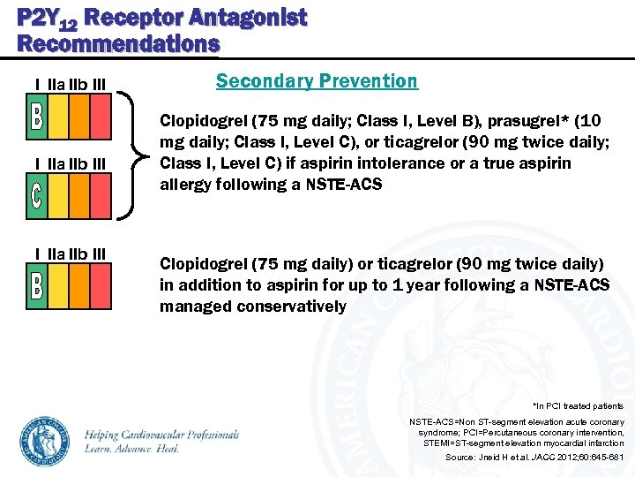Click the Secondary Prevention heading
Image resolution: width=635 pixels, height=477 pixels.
click(317, 81)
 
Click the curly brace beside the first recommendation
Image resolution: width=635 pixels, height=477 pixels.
click(132, 155)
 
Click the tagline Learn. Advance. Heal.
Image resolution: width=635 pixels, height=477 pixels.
click(132, 449)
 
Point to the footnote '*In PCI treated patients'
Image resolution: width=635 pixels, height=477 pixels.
click(578, 406)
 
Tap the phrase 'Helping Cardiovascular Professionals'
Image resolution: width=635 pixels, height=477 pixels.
click(162, 435)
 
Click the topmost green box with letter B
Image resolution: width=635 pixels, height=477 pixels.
click(36, 118)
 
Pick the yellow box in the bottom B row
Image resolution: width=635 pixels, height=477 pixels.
click(56, 286)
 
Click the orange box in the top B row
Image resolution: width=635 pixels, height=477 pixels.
click(79, 118)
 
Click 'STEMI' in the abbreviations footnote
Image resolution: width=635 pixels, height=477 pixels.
click(438, 443)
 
